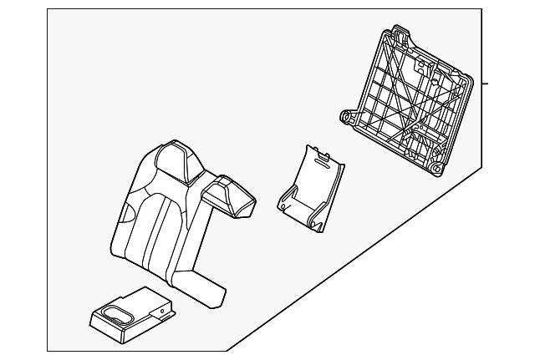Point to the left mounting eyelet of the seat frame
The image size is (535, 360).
345,116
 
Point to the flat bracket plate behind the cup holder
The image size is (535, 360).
150,300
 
